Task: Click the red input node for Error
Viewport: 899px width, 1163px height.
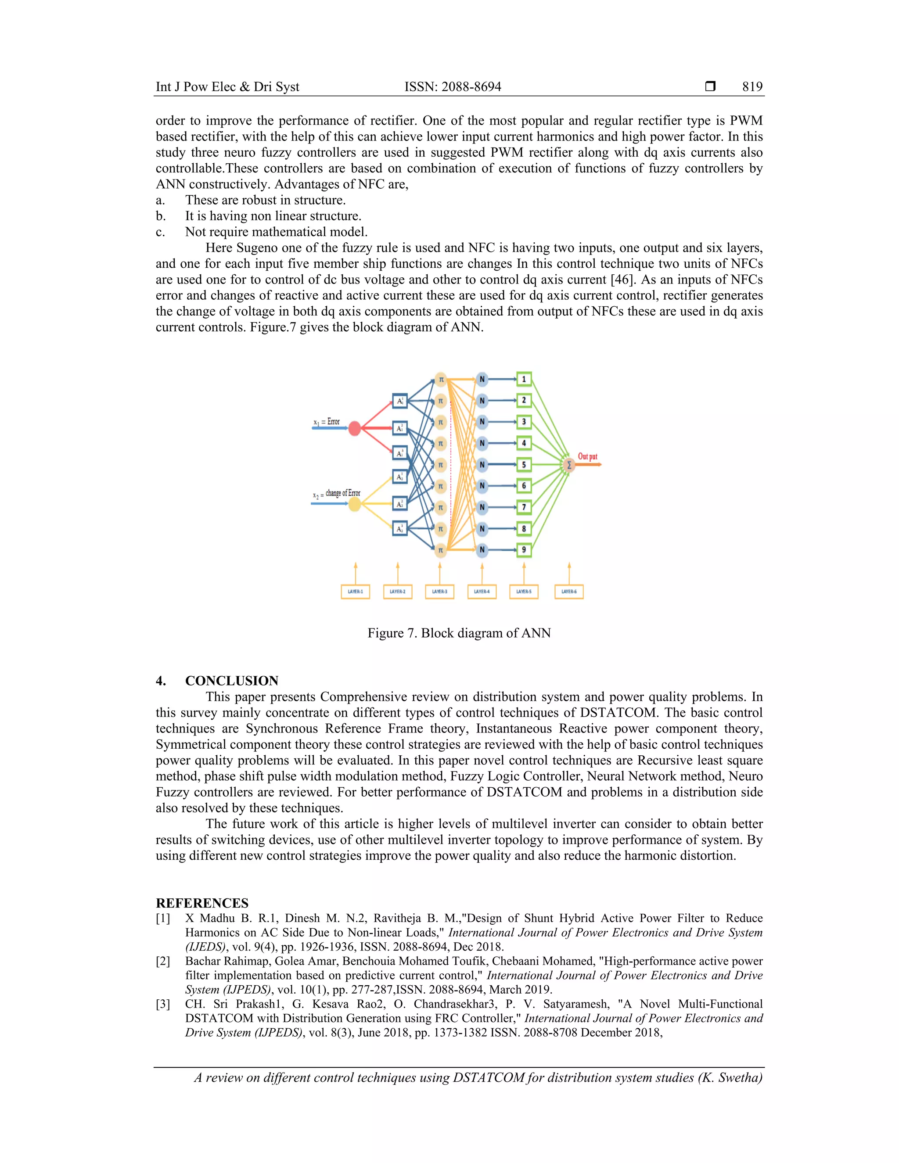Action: (x=355, y=428)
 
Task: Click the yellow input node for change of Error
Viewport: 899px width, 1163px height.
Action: (x=355, y=504)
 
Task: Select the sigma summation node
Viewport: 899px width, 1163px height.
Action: (x=569, y=465)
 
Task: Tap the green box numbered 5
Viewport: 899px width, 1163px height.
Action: (x=524, y=464)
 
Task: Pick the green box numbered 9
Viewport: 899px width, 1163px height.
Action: (x=524, y=549)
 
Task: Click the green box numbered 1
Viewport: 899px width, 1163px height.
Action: (x=524, y=379)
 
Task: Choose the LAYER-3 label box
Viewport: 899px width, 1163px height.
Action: (x=440, y=592)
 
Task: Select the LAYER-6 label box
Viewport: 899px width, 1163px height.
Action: (x=569, y=592)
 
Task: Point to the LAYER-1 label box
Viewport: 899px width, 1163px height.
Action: (x=355, y=592)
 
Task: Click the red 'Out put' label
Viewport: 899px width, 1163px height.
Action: (x=587, y=456)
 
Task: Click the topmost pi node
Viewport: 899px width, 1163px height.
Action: (x=440, y=379)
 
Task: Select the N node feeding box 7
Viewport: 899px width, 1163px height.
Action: (x=482, y=507)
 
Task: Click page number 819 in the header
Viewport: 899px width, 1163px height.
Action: (x=752, y=87)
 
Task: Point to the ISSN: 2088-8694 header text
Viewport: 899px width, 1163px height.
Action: (x=453, y=87)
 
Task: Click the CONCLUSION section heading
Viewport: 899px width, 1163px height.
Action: (x=232, y=681)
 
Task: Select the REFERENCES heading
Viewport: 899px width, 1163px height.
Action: (x=202, y=903)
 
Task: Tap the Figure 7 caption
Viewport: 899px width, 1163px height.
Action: (x=459, y=633)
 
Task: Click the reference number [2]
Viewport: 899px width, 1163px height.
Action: (x=163, y=961)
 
